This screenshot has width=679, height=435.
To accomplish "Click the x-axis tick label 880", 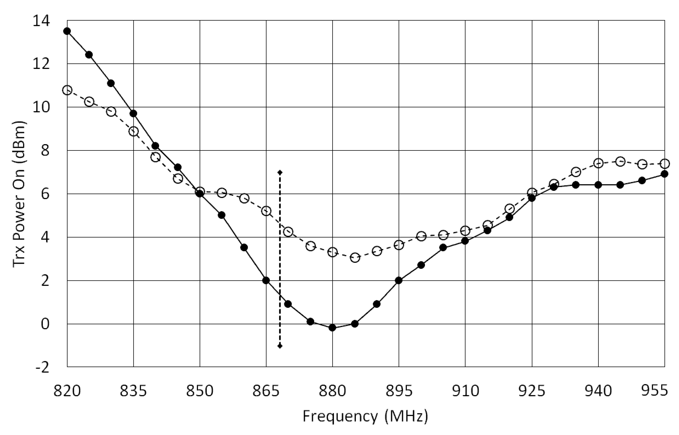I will click(333, 391).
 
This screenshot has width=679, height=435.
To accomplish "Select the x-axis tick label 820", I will click(67, 391).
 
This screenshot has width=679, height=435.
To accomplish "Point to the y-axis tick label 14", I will click(41, 21).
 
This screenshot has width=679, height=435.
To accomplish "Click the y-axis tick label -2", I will click(41, 368).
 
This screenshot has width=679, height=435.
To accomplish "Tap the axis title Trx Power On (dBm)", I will click(19, 194).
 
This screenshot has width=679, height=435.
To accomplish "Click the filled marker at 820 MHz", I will click(67, 31).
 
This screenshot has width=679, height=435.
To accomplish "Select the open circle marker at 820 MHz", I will click(67, 90).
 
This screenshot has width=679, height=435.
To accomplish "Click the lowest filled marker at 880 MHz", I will click(333, 328).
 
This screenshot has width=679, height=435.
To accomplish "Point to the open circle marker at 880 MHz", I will click(333, 252).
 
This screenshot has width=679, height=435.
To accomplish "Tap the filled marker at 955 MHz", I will click(665, 174).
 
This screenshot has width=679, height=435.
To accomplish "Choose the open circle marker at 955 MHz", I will click(665, 163).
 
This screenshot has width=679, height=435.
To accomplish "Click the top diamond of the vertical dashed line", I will click(280, 172).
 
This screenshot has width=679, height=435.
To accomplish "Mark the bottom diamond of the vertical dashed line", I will click(280, 346).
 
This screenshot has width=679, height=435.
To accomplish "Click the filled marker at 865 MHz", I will click(266, 280).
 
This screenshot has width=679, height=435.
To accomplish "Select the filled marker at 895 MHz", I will click(399, 280).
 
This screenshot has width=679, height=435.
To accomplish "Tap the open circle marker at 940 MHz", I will click(598, 163).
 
